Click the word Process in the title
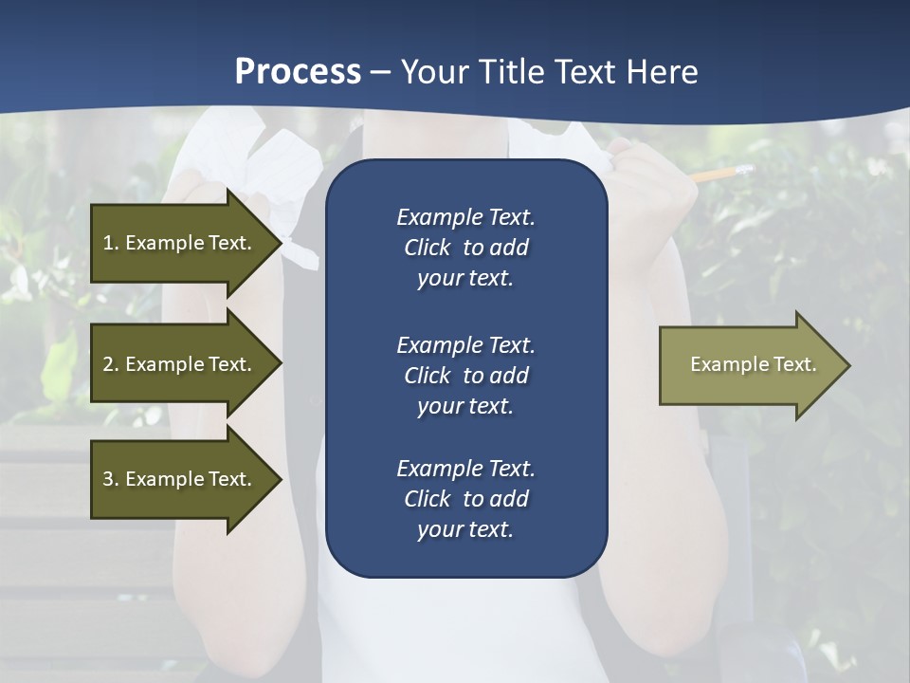[x=298, y=72]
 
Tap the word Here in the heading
[x=661, y=72]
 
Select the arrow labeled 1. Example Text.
[x=180, y=243]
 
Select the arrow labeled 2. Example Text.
[x=180, y=364]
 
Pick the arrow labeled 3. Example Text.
[x=180, y=479]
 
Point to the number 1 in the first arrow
[x=108, y=243]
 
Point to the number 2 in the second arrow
[x=108, y=364]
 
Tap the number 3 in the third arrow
[x=108, y=479]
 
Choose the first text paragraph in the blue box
[x=465, y=248]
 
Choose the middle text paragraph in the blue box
[x=465, y=376]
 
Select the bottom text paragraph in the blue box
[x=465, y=499]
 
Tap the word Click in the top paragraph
[x=427, y=248]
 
